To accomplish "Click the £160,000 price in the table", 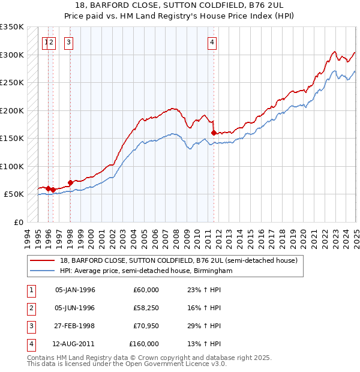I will [144, 344].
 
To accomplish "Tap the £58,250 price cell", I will [145, 308].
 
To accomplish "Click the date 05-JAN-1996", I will [75, 290].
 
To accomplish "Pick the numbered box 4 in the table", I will [30, 344].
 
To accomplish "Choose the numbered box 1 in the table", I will [30, 290].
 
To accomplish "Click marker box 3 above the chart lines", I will [69, 42].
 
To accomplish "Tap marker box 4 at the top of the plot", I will [212, 42].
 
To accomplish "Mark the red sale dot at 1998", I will [70, 182].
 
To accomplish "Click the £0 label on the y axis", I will [17, 222].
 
